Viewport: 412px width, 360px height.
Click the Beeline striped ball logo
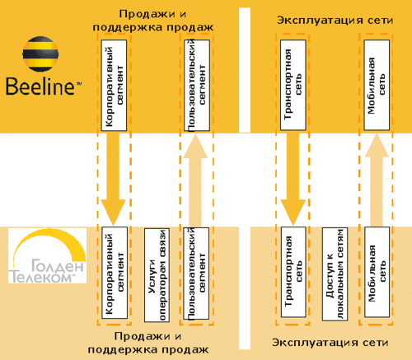click(40, 54)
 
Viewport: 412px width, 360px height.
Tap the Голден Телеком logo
click(47, 255)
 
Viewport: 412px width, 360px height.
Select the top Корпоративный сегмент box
click(114, 86)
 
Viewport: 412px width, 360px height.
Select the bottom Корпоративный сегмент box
click(115, 273)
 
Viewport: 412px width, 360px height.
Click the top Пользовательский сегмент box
click(197, 86)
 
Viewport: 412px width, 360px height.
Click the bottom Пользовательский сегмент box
click(196, 274)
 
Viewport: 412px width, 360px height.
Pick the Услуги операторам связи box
click(157, 275)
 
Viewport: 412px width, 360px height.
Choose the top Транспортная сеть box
click(293, 85)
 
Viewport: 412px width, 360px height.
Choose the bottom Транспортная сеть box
click(293, 272)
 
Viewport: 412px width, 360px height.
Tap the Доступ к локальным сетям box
click(335, 274)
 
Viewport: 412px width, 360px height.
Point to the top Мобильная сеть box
click(377, 85)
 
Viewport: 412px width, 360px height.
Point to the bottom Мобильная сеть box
click(377, 272)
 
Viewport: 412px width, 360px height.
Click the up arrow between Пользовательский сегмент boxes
click(195, 180)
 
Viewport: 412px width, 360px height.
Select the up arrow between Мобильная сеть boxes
click(377, 180)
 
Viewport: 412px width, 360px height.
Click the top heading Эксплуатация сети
click(335, 21)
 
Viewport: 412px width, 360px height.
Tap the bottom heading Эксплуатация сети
click(330, 343)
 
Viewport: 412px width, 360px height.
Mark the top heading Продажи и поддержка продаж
click(153, 21)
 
